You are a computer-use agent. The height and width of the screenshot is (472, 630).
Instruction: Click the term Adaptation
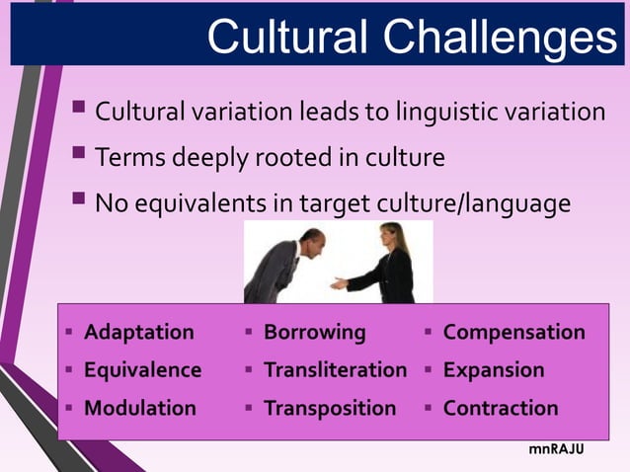pyautogui.click(x=139, y=332)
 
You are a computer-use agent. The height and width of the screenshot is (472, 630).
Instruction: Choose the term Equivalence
pyautogui.click(x=142, y=370)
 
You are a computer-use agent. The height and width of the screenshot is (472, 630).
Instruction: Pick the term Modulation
pyautogui.click(x=140, y=408)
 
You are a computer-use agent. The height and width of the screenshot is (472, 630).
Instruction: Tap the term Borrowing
pyautogui.click(x=314, y=332)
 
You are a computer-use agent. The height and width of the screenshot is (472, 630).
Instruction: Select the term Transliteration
pyautogui.click(x=335, y=370)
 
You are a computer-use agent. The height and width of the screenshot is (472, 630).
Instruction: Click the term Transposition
pyautogui.click(x=329, y=408)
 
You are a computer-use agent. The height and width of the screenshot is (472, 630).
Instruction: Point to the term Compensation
pyautogui.click(x=513, y=332)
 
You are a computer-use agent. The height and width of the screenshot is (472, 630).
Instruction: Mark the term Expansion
pyautogui.click(x=493, y=370)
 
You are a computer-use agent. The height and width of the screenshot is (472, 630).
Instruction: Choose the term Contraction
pyautogui.click(x=500, y=408)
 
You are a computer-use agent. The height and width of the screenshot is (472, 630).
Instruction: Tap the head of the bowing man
pyautogui.click(x=311, y=240)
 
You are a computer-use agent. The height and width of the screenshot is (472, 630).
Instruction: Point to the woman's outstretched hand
pyautogui.click(x=339, y=283)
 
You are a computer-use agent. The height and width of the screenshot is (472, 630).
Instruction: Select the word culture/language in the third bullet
pyautogui.click(x=473, y=203)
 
